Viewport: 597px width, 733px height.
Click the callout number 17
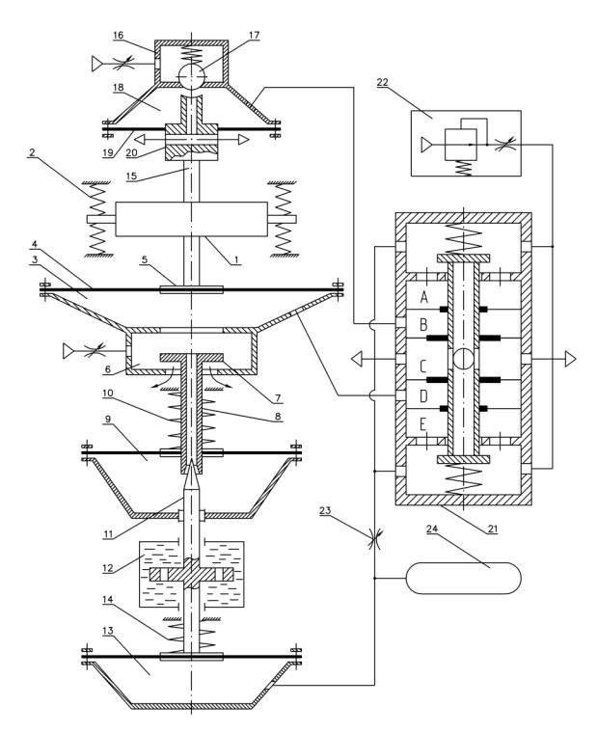point(255,36)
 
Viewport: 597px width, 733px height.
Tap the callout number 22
point(383,82)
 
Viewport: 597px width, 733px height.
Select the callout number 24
point(432,529)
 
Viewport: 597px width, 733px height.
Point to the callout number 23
point(325,510)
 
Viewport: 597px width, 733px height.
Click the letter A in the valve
point(424,297)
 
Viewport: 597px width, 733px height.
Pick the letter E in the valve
point(423,425)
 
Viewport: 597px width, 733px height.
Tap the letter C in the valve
point(423,366)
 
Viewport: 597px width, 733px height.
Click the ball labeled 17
point(192,75)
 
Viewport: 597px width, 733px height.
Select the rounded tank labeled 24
point(464,579)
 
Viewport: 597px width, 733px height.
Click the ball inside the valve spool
point(463,359)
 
